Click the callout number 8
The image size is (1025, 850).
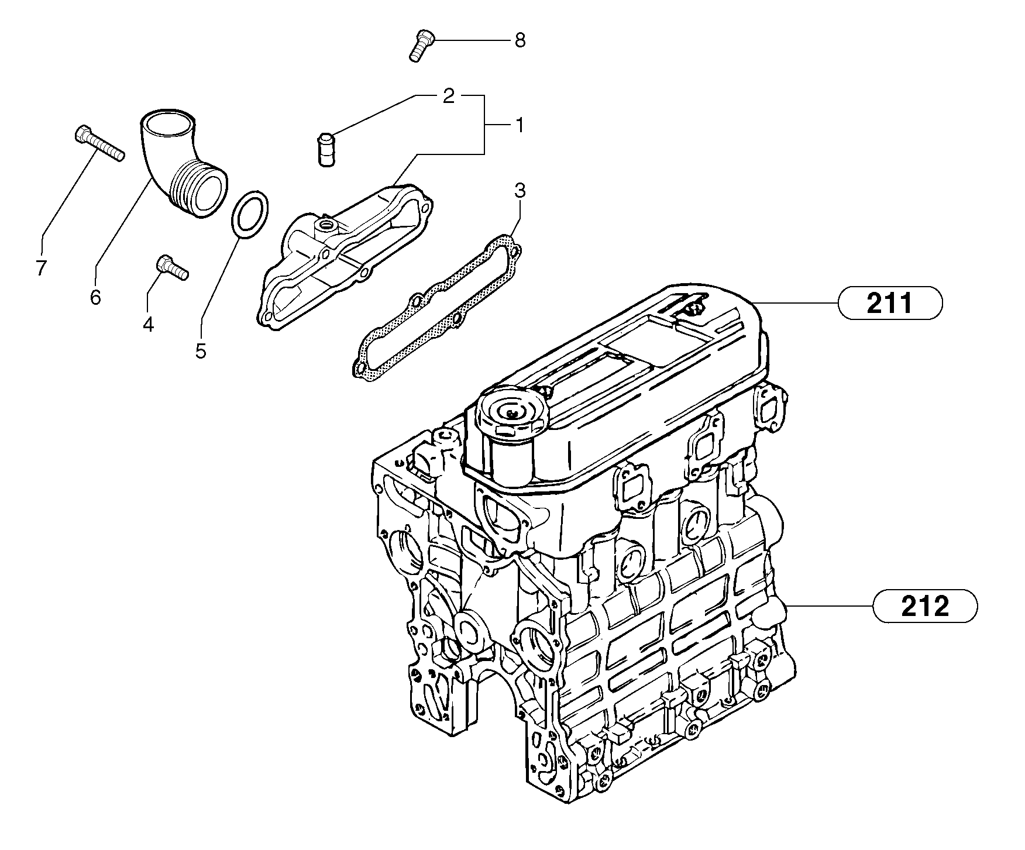click(x=520, y=40)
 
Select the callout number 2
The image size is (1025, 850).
click(x=448, y=97)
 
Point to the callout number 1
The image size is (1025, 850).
click(x=518, y=125)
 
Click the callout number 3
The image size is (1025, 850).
click(x=520, y=190)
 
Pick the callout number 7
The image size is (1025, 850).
click(x=40, y=269)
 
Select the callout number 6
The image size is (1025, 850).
click(x=95, y=297)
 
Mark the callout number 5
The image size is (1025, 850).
click(x=201, y=351)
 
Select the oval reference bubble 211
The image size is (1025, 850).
click(x=889, y=304)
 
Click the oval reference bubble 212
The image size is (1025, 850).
click(x=924, y=607)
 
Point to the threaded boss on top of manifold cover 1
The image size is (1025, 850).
click(x=324, y=225)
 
